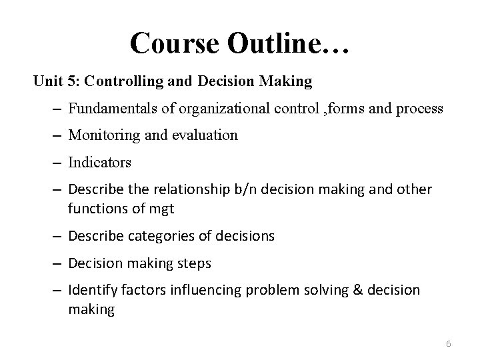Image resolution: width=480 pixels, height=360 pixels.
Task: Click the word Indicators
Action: pos(99,162)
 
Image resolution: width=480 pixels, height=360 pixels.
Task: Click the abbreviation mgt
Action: pos(162,209)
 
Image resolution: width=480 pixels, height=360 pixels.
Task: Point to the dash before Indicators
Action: pos(57,162)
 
